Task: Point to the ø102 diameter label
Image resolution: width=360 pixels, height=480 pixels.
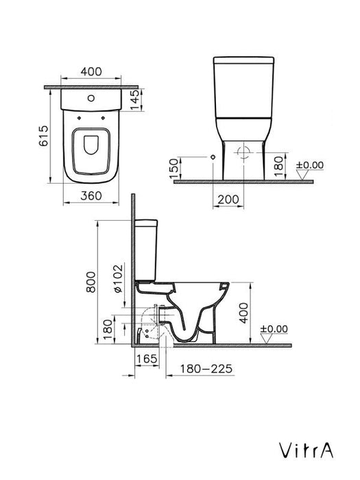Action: (x=117, y=279)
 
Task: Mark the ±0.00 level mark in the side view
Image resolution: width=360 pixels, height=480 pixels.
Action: (x=274, y=328)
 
